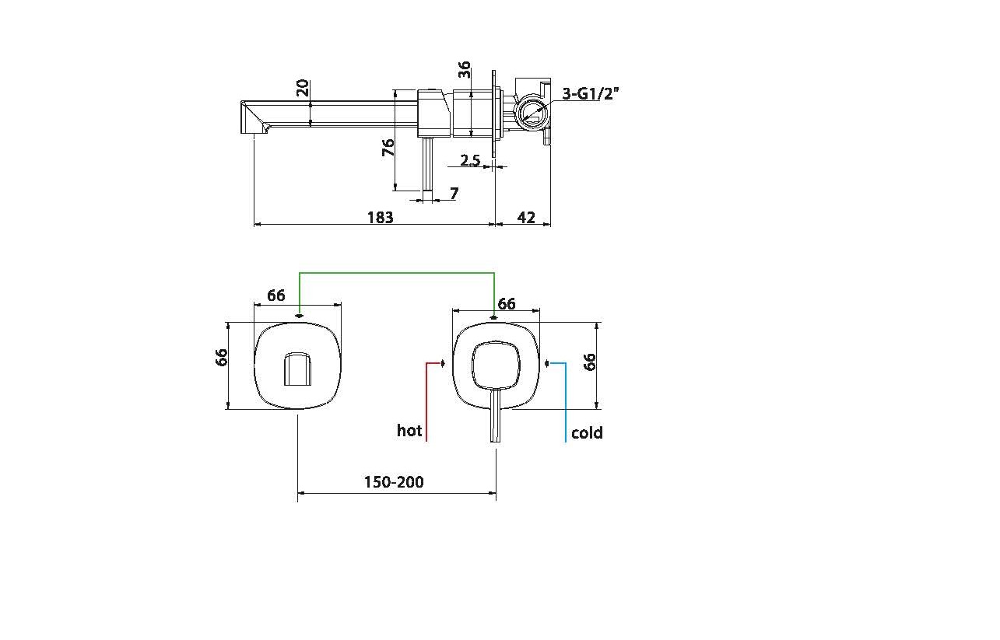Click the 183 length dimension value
(x=380, y=218)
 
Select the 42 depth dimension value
(x=526, y=218)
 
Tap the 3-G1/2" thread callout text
(x=591, y=95)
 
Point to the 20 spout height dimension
(x=303, y=87)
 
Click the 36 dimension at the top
(x=465, y=70)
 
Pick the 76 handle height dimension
(x=388, y=148)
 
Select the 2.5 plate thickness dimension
(x=470, y=161)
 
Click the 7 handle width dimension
(x=454, y=194)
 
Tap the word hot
(x=409, y=431)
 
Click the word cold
(x=587, y=433)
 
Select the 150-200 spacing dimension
(x=394, y=482)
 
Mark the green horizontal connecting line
(x=397, y=273)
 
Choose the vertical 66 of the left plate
(x=223, y=358)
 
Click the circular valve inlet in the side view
(x=533, y=112)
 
